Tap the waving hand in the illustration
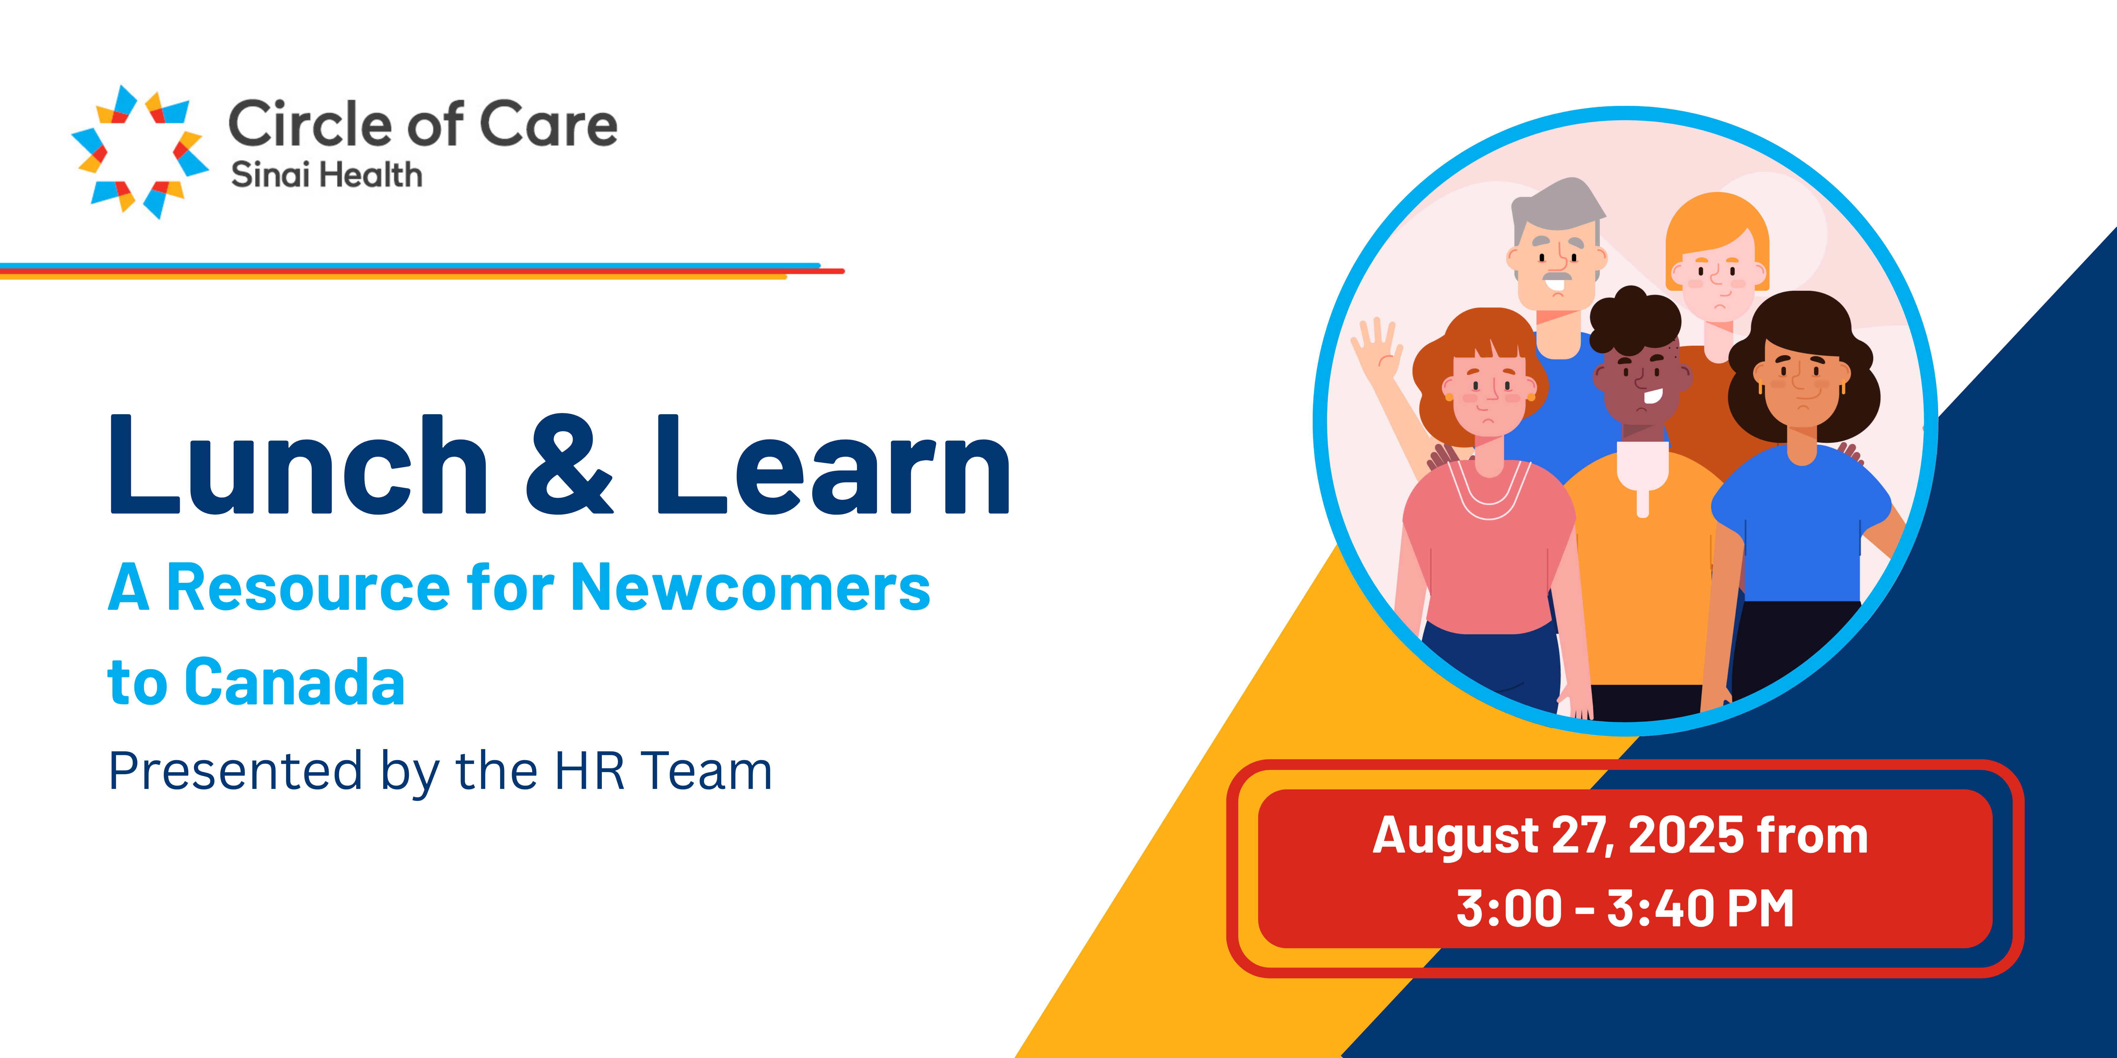tap(1376, 349)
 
